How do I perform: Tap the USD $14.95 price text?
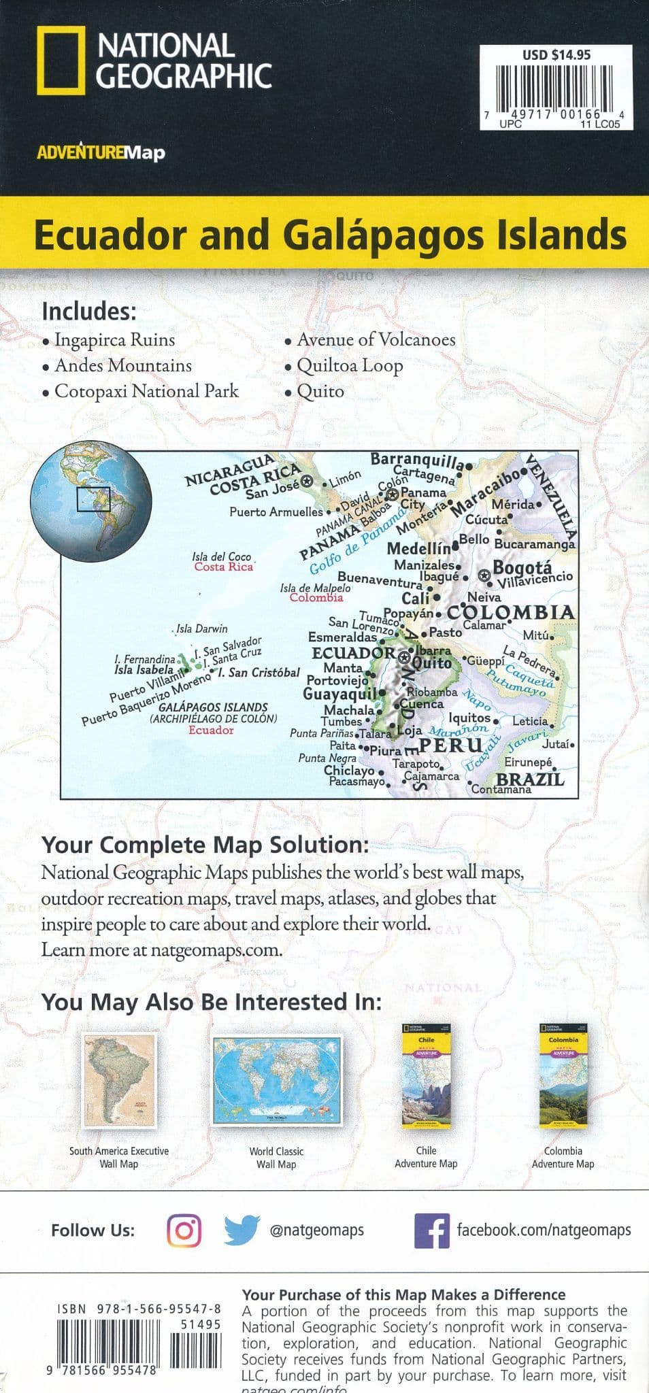(556, 55)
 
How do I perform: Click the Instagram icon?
(184, 1230)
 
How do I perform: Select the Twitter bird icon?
(242, 1230)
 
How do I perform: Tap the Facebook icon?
(431, 1230)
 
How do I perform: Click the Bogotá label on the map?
(522, 567)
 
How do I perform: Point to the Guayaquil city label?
(339, 694)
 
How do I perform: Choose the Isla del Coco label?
(222, 557)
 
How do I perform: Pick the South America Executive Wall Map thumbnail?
(119, 1081)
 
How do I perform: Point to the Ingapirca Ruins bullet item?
(114, 340)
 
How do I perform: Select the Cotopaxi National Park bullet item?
(146, 392)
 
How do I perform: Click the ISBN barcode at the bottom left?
(109, 1340)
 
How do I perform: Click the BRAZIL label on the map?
(531, 779)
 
